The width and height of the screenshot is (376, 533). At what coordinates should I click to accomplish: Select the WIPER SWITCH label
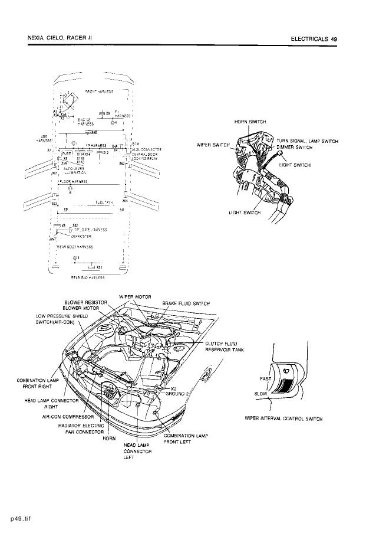click(212, 145)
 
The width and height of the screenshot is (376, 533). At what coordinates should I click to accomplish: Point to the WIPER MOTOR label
click(136, 296)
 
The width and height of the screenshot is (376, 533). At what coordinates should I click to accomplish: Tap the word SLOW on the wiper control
click(260, 394)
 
